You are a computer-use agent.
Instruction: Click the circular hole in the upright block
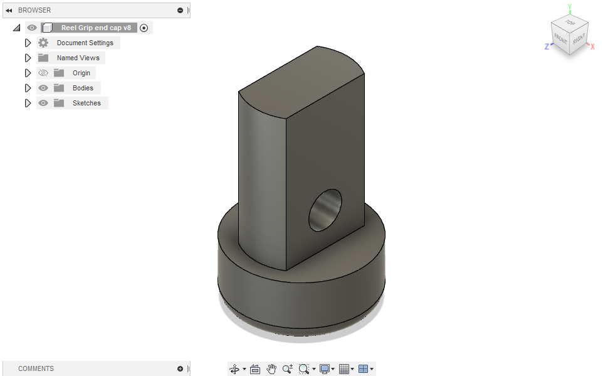click(x=325, y=210)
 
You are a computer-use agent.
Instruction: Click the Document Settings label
click(x=85, y=43)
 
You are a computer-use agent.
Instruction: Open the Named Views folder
click(x=78, y=58)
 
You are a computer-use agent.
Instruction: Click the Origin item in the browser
click(x=81, y=73)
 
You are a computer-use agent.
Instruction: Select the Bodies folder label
click(x=83, y=88)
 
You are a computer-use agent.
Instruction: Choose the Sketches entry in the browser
click(x=87, y=103)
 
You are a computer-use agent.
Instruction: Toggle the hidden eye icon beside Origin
click(x=43, y=73)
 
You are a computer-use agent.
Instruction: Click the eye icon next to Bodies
click(x=43, y=88)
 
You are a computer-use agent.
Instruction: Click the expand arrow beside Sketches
click(x=28, y=103)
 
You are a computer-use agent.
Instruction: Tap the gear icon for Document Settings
click(x=43, y=43)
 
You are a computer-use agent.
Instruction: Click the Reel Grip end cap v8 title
click(x=96, y=28)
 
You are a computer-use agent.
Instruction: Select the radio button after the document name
click(x=144, y=28)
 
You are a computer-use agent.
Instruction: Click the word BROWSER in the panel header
click(x=34, y=10)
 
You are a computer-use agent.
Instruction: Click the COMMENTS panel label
click(x=36, y=368)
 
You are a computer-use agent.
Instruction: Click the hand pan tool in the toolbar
click(x=271, y=369)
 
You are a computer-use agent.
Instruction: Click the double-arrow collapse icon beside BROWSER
click(x=9, y=10)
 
